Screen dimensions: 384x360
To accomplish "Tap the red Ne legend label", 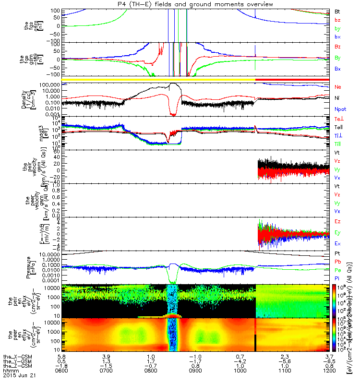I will tap(338, 87).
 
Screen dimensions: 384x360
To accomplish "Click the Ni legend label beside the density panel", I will tap(337, 98).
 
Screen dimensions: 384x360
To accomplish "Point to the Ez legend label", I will tap(337, 222).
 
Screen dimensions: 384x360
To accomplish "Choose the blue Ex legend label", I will tap(337, 244).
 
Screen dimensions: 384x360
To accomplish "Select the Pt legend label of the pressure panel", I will tap(337, 252).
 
